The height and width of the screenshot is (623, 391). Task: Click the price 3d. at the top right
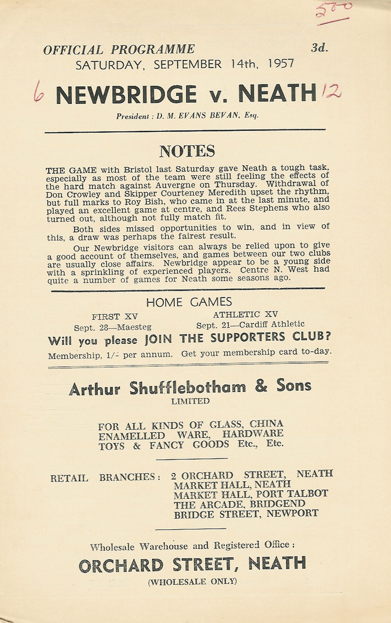tap(320, 48)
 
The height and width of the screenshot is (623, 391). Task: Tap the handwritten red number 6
tap(38, 92)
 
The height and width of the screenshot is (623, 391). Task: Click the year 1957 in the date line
tap(281, 63)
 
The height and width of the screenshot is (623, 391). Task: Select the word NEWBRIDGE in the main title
tap(126, 95)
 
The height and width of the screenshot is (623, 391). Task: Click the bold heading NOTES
tap(187, 151)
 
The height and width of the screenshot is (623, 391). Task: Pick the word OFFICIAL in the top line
tap(73, 50)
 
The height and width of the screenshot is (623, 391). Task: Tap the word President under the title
tap(132, 116)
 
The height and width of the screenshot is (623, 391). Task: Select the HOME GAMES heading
tap(189, 302)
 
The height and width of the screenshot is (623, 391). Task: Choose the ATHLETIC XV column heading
tap(245, 315)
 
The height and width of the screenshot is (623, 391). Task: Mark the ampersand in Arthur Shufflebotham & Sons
tap(261, 386)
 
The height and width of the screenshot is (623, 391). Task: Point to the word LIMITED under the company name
tap(190, 401)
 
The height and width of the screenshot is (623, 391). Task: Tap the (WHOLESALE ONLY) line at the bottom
tap(192, 582)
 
